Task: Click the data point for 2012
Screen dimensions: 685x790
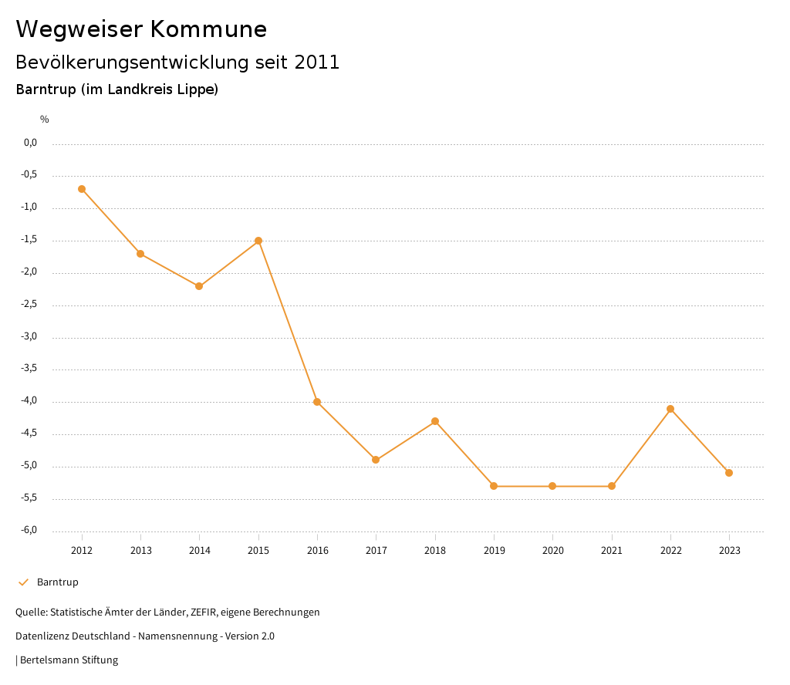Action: pos(82,189)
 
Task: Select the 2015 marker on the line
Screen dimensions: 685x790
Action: pos(258,241)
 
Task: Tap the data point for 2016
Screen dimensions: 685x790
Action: pos(317,402)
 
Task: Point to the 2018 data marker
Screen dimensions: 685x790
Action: pos(435,421)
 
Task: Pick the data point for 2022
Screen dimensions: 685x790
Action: pos(670,409)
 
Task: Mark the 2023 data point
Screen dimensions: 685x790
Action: pos(729,473)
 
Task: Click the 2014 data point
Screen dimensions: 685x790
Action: pos(199,286)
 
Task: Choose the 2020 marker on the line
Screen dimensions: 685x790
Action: pos(552,486)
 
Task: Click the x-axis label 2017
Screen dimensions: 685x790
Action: pos(376,551)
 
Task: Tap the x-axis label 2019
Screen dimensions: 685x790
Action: pos(494,551)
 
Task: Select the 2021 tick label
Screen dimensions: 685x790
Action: pos(612,551)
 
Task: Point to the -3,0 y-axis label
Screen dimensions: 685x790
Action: pos(29,337)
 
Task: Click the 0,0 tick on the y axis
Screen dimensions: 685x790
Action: pos(31,143)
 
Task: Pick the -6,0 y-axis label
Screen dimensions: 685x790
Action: pos(29,531)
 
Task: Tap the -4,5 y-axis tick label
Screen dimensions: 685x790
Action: pos(29,434)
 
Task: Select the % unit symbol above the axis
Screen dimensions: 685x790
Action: pos(45,120)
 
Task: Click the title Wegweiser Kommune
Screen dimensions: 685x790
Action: pos(141,29)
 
